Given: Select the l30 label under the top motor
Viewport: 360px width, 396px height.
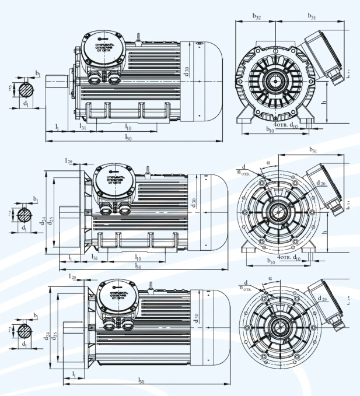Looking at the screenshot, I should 128,137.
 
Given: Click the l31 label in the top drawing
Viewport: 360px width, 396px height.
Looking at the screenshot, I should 83,127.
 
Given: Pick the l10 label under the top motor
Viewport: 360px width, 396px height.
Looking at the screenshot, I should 127,127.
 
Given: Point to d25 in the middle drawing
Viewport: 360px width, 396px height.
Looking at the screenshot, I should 51,220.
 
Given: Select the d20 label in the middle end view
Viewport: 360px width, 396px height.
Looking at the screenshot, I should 321,183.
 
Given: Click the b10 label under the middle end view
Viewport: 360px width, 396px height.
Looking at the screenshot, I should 270,261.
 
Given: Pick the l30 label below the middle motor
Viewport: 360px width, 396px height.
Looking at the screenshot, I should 138,266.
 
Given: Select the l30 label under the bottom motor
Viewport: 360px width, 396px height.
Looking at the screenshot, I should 141,380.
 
